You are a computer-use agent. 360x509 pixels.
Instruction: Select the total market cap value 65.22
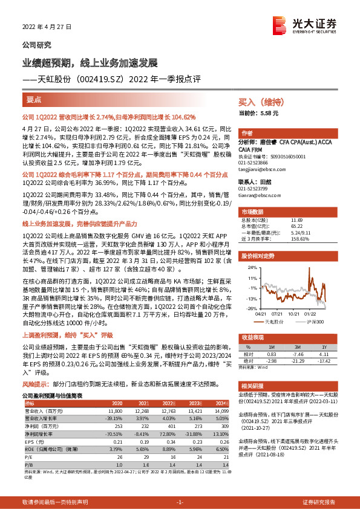point(296,226)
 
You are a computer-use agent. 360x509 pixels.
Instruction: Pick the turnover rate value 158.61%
point(300,239)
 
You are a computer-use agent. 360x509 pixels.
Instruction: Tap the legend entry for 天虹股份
point(275,323)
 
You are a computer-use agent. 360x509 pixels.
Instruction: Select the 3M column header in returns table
point(298,347)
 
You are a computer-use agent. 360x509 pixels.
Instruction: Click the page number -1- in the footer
point(180,502)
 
